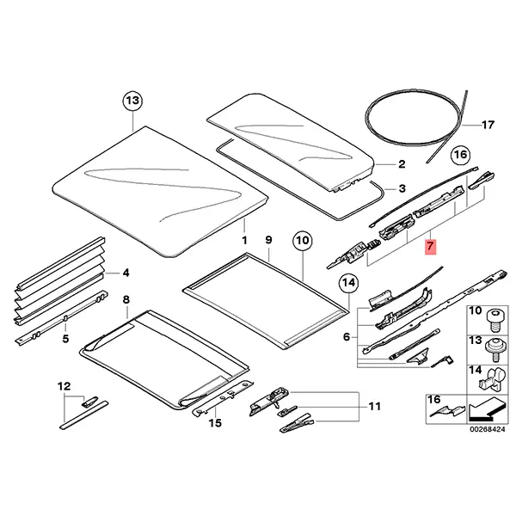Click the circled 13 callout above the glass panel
[132, 101]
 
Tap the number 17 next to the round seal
[488, 125]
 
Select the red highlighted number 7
[432, 247]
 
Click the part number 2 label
[401, 163]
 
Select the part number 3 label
[401, 188]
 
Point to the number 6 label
[347, 337]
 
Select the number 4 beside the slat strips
[126, 273]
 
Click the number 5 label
[65, 338]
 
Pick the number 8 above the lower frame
[126, 299]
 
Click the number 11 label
[373, 406]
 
